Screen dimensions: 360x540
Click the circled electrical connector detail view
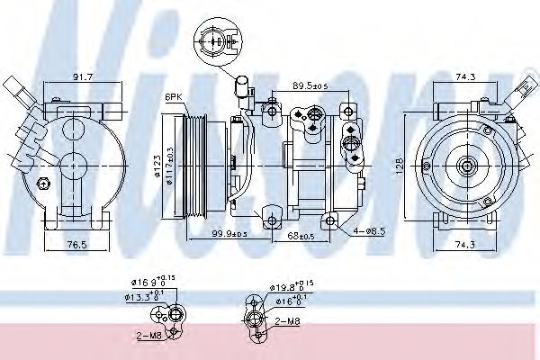pos(215,40)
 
